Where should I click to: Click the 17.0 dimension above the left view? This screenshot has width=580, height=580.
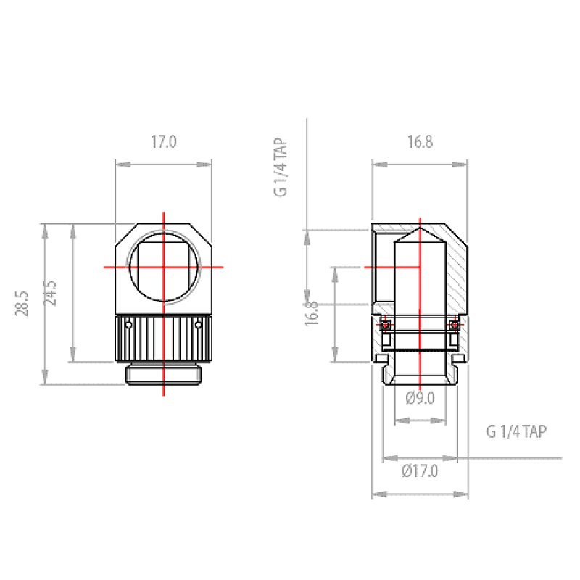tap(163, 141)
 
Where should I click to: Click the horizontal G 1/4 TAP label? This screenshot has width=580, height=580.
tap(516, 432)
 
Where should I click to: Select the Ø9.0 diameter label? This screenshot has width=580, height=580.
tap(420, 397)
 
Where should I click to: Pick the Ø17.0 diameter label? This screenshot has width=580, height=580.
tap(420, 471)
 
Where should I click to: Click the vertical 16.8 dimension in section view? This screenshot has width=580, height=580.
tap(311, 313)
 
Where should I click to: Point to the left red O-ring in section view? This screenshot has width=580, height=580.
tap(386, 325)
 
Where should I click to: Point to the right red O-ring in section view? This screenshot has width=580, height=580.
tap(454, 325)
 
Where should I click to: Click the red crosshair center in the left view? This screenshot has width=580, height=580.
tap(164, 267)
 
